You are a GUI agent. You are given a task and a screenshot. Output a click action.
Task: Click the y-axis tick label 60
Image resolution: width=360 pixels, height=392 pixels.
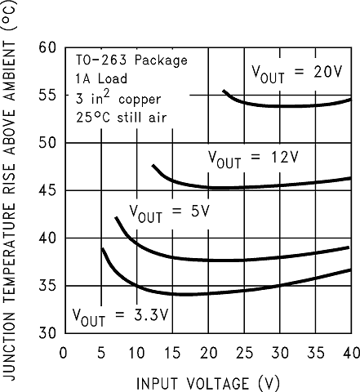47,47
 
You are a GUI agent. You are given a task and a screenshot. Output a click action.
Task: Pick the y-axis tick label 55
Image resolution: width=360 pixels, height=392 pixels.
47,95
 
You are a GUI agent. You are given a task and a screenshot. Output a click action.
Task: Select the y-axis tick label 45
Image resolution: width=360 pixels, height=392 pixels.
47,190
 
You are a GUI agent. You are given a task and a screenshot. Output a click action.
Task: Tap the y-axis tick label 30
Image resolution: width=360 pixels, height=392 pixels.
47,333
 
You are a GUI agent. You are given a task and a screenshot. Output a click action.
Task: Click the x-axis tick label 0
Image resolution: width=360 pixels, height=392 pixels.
64,353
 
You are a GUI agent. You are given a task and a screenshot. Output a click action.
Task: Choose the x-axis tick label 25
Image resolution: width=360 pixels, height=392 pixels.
244,353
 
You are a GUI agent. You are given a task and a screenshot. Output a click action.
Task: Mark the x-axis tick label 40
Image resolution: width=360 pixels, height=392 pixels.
350,353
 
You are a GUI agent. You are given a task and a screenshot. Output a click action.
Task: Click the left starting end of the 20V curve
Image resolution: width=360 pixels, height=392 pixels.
224,91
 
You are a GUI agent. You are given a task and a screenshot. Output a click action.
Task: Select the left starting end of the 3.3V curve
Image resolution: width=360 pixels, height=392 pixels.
102,248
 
